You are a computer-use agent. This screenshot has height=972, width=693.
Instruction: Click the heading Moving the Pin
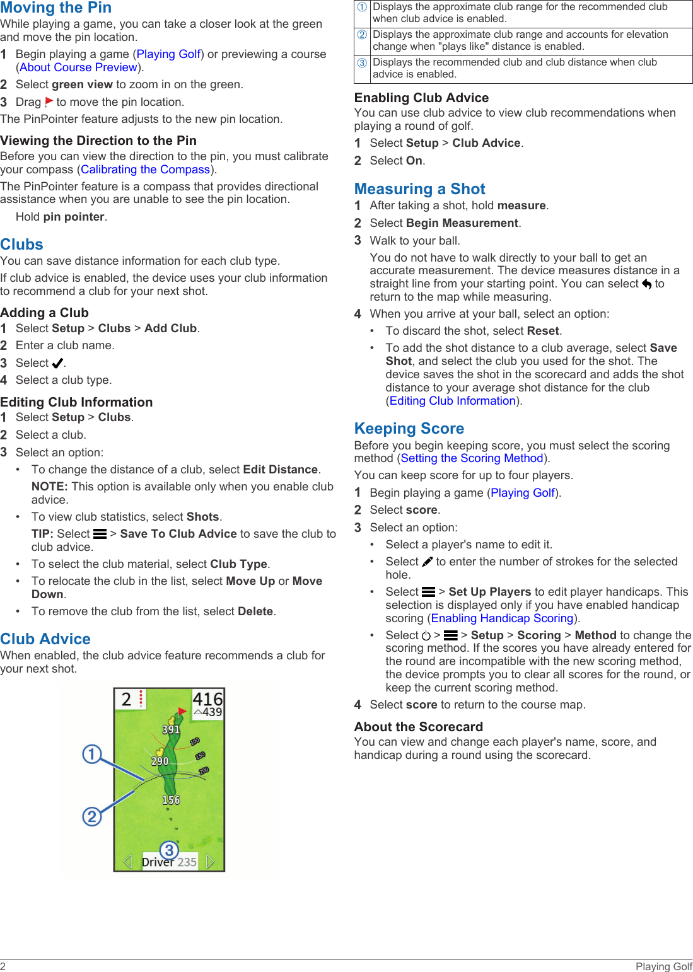pyautogui.click(x=56, y=8)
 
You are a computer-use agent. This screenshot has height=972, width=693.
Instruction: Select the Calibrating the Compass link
pyautogui.click(x=145, y=170)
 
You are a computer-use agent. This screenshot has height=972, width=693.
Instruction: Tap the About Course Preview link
pyautogui.click(x=78, y=67)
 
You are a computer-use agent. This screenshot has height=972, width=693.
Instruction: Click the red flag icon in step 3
pyautogui.click(x=49, y=102)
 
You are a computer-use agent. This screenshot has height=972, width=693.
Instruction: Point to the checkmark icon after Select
pyautogui.click(x=57, y=364)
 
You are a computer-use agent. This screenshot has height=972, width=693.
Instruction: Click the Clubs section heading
pyautogui.click(x=22, y=245)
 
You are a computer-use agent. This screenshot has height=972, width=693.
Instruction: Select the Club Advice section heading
pyautogui.click(x=45, y=639)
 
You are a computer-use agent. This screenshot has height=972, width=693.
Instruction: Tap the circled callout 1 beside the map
pyautogui.click(x=92, y=754)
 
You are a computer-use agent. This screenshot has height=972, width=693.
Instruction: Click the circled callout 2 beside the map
pyautogui.click(x=92, y=817)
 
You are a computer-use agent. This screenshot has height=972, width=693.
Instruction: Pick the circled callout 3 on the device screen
pyautogui.click(x=169, y=850)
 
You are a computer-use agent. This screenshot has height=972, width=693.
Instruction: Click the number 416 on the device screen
pyautogui.click(x=207, y=699)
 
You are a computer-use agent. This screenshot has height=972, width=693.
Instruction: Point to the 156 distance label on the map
pyautogui.click(x=171, y=800)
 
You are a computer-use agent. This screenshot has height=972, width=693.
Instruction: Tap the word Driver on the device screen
pyautogui.click(x=158, y=862)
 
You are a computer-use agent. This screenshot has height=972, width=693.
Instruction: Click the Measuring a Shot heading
pyautogui.click(x=419, y=189)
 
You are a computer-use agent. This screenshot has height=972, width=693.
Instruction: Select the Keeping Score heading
pyautogui.click(x=409, y=429)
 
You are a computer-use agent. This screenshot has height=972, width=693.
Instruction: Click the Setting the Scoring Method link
pyautogui.click(x=472, y=459)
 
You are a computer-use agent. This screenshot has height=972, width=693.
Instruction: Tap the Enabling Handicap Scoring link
pyautogui.click(x=502, y=619)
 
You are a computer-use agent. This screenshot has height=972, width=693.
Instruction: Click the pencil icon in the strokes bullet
pyautogui.click(x=428, y=562)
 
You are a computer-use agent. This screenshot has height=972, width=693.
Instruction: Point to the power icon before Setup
pyautogui.click(x=426, y=636)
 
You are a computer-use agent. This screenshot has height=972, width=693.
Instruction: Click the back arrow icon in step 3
pyautogui.click(x=646, y=284)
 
